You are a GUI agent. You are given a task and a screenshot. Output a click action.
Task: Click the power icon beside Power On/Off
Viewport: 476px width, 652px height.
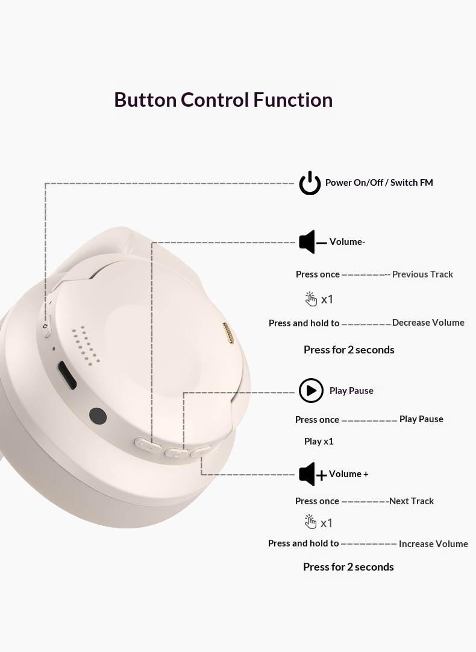(x=310, y=183)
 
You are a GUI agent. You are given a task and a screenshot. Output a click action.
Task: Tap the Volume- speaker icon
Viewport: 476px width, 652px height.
(x=312, y=242)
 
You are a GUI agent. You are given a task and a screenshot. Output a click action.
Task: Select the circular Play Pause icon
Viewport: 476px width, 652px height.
(x=311, y=390)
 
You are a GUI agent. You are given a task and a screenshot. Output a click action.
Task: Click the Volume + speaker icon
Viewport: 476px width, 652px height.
(x=313, y=474)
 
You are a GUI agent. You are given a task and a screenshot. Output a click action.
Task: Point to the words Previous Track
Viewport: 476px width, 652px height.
(x=422, y=274)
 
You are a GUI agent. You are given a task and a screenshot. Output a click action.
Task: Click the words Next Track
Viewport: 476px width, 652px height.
(x=411, y=501)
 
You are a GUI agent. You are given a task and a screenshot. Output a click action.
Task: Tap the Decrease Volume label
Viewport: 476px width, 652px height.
(x=428, y=323)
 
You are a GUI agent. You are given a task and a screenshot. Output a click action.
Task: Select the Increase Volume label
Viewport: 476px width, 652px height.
(x=433, y=544)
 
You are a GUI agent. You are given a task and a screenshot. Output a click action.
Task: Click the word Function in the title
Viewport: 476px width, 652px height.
(x=293, y=100)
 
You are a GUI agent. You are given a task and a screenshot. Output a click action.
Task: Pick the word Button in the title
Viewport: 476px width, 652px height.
(x=145, y=100)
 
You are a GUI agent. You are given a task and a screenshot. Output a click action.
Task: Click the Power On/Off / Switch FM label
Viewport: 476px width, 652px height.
(x=379, y=183)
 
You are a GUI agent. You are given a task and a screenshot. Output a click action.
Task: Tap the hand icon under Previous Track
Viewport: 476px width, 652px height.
(x=311, y=299)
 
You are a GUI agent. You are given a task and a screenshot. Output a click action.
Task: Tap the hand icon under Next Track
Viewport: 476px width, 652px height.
(x=310, y=522)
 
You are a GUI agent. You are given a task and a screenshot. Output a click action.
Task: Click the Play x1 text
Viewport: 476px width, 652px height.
(x=319, y=441)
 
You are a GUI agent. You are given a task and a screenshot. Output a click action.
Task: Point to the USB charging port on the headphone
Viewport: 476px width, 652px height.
(x=67, y=375)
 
